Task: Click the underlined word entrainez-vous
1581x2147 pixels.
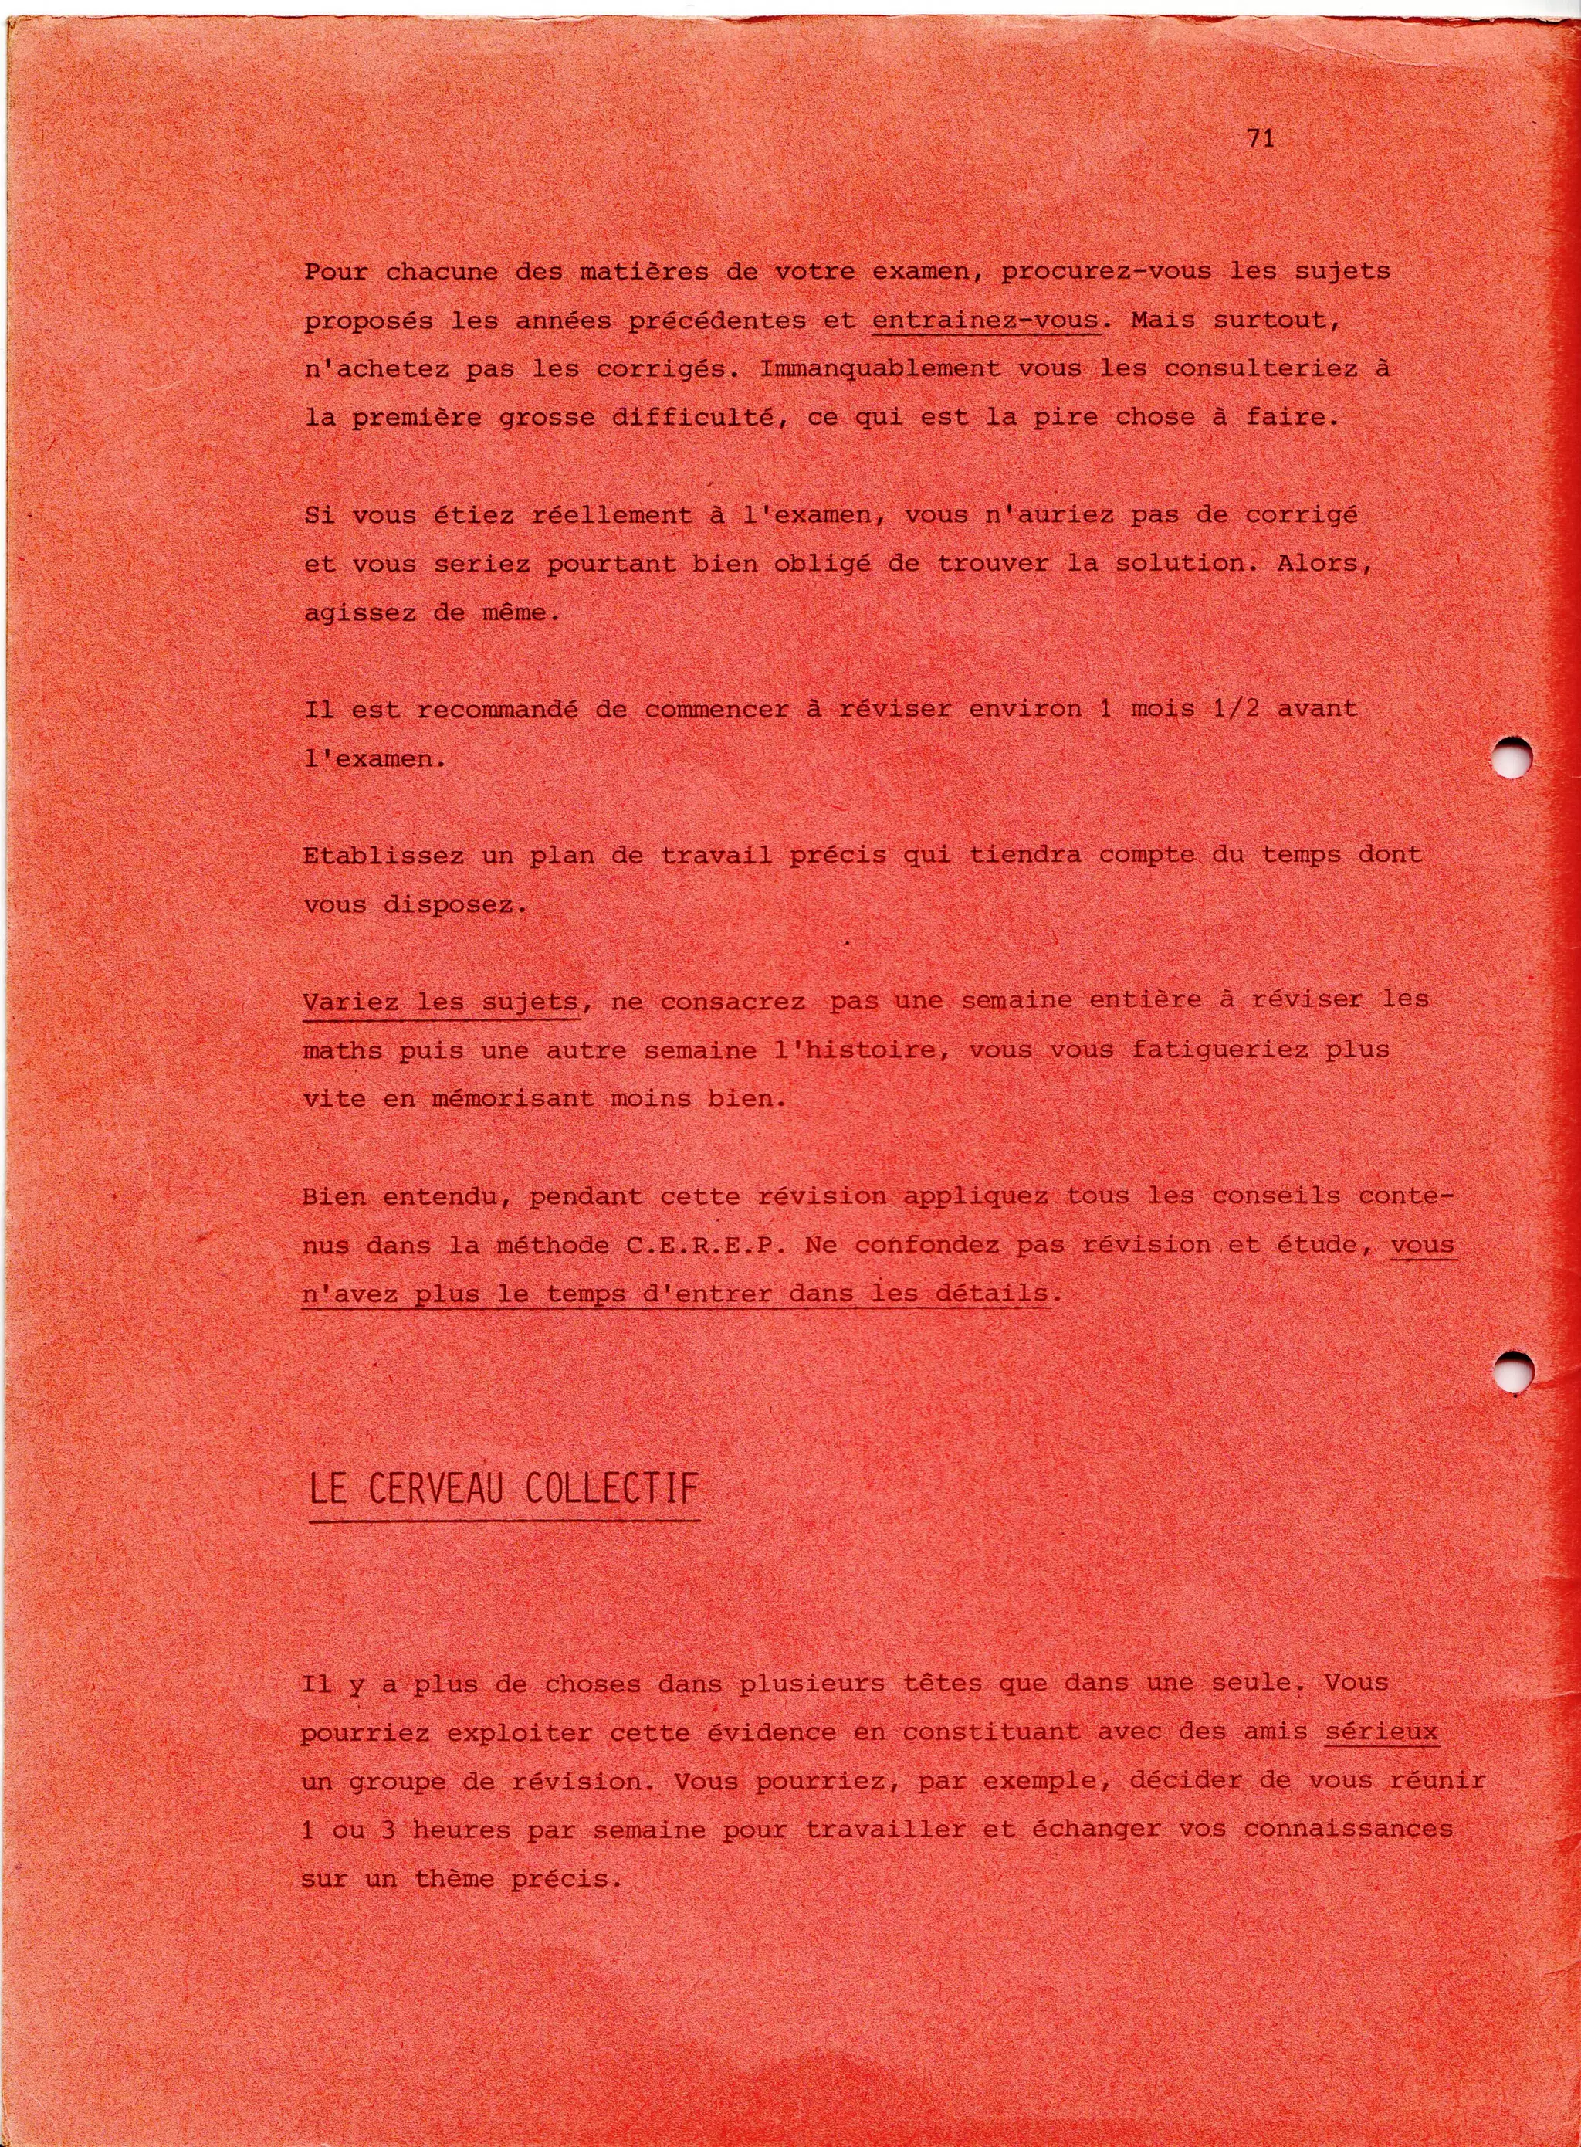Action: point(985,321)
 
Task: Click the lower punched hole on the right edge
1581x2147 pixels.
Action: point(1515,1376)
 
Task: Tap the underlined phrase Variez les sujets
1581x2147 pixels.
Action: point(440,1001)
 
